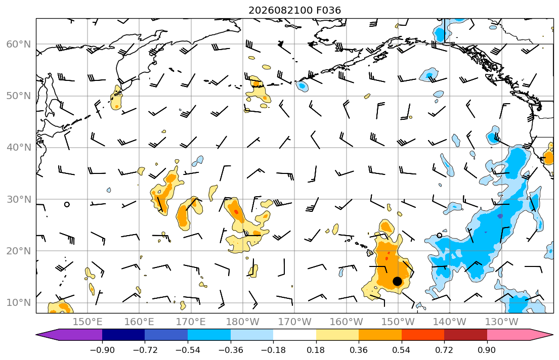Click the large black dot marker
coord(398,281)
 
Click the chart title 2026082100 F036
coord(294,10)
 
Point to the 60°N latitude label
coord(19,44)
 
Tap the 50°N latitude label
coord(19,96)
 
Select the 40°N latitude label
coord(19,148)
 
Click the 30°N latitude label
coord(19,199)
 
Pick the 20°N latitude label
coord(19,251)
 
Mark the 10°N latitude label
coord(19,303)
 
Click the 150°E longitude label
coord(88,322)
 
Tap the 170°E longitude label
coord(191,322)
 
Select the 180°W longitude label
coord(243,322)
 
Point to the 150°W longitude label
coord(398,322)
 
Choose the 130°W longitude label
coord(502,322)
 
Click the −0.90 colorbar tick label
coord(102,350)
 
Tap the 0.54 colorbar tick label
coord(402,350)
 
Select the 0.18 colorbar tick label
coord(316,350)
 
